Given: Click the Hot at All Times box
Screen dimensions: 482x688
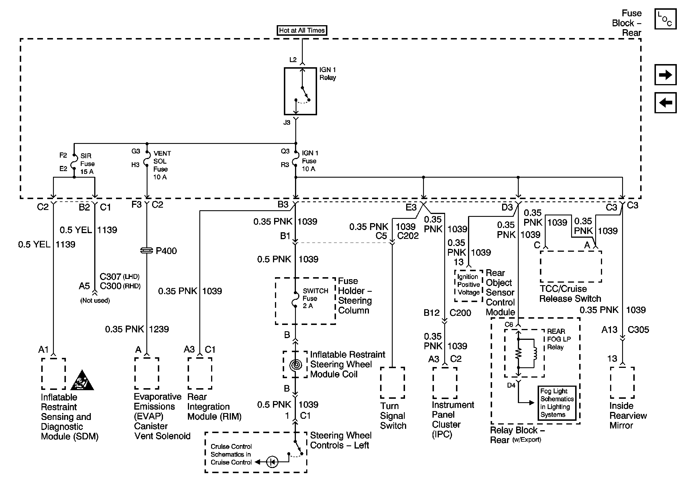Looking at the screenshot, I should point(301,30).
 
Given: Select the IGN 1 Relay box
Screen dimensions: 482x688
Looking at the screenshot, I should point(300,91).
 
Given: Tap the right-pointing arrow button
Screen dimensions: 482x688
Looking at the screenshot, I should point(665,75).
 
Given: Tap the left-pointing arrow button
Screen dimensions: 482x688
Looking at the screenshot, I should point(665,103).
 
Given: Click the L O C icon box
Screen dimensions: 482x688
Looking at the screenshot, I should point(665,19).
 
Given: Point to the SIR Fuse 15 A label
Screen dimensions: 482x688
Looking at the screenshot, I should point(87,164).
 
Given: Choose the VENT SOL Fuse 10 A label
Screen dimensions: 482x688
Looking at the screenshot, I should point(162,165).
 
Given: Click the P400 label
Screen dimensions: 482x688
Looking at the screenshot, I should point(166,251).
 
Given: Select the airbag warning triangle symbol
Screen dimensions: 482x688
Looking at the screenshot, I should point(82,380).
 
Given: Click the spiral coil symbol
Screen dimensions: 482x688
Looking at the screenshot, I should point(296,365).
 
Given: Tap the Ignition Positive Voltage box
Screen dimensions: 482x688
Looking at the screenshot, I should point(469,285).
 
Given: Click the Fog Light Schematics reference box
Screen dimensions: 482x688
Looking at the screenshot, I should point(557,403).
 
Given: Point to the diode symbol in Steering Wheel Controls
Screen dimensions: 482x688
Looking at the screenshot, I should point(272,462).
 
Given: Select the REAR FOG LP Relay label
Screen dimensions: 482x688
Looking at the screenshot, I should point(559,339).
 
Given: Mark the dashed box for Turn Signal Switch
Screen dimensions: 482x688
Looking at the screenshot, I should point(392,383).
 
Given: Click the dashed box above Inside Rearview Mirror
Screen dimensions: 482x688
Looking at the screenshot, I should point(622,383).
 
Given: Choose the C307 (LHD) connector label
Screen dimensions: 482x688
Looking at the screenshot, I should point(119,276).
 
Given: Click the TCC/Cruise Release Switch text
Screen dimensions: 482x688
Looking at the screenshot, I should point(570,294).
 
